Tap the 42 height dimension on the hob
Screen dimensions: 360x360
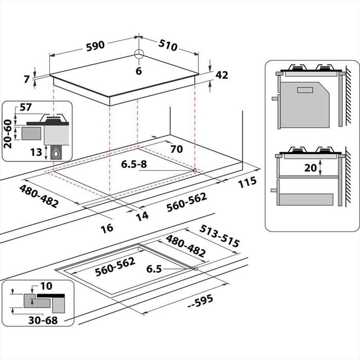click(x=222, y=75)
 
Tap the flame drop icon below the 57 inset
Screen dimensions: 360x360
click(x=56, y=153)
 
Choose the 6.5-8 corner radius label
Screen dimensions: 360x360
click(x=134, y=164)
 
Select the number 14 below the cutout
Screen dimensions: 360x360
click(x=142, y=215)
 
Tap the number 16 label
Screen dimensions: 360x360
click(x=107, y=228)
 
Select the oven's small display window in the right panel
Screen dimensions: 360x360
click(x=305, y=90)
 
